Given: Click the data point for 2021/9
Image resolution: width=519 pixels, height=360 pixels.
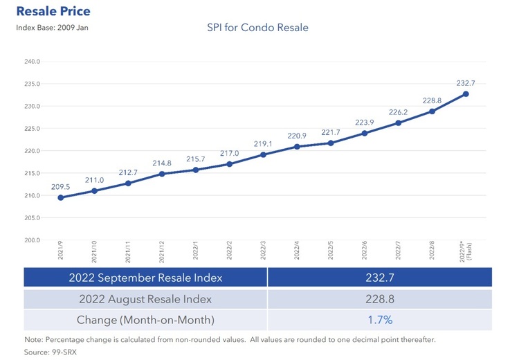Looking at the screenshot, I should [61, 197].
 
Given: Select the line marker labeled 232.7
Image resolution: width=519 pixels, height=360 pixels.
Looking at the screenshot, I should [466, 94].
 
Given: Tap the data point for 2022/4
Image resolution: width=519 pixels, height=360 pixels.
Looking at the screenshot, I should [297, 147].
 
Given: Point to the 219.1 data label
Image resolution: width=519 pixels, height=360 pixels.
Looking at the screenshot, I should [263, 144].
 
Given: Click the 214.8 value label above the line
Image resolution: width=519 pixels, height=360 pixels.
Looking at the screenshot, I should [162, 163].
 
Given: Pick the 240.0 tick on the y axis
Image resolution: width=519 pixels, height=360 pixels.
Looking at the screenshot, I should [32, 62].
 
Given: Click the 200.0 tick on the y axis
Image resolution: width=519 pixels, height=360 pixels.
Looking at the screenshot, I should [32, 240].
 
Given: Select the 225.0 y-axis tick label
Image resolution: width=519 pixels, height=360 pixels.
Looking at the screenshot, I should [32, 129].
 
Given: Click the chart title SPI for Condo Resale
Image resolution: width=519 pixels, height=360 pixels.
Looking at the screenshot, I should [257, 28].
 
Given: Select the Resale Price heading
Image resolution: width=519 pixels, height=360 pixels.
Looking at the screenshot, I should [53, 12].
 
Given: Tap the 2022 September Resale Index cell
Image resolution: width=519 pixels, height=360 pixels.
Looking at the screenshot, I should [145, 278].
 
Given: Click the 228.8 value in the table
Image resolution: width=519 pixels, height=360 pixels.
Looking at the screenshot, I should [379, 299].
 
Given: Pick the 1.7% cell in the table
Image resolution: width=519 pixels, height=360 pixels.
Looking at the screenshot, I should [379, 321].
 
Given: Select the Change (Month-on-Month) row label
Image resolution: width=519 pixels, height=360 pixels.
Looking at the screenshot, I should [145, 321].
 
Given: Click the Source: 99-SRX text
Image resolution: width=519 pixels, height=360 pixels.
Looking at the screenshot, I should [44, 351].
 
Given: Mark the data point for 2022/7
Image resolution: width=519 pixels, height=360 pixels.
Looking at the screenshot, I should [399, 123].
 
